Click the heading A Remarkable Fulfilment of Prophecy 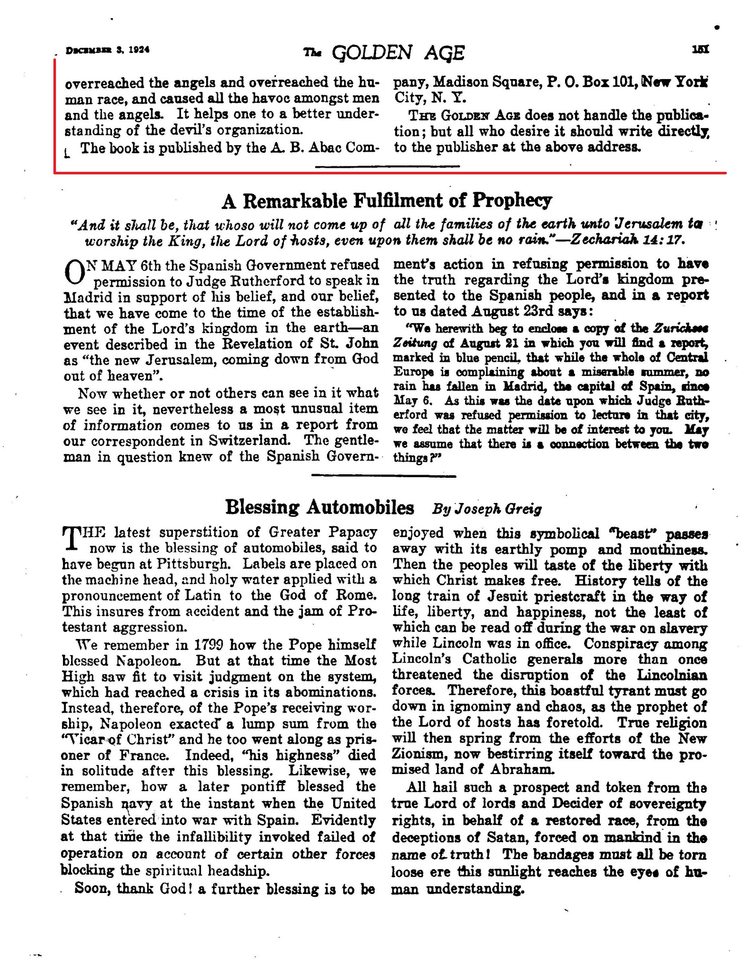coord(387,201)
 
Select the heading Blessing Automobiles coord(320,507)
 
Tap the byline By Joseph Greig coord(487,508)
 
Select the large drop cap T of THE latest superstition coord(71,538)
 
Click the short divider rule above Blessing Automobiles coord(384,475)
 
